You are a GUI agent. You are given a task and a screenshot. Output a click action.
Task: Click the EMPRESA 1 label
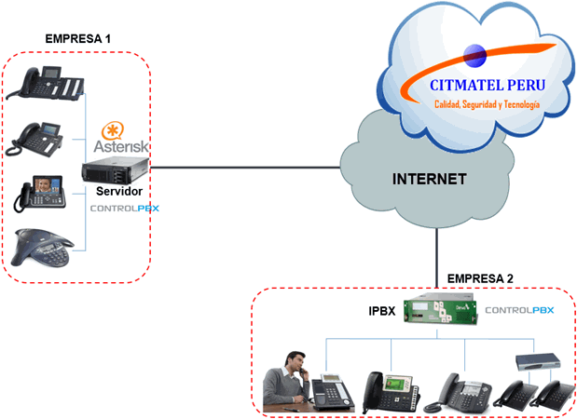[x=77, y=39]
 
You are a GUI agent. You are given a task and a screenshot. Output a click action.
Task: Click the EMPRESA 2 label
[x=480, y=277]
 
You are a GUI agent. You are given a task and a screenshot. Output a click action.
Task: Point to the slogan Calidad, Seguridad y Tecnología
[x=488, y=105]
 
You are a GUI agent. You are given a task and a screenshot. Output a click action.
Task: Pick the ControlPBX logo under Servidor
[x=124, y=209]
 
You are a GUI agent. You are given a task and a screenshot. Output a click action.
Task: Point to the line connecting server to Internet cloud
[x=242, y=169]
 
